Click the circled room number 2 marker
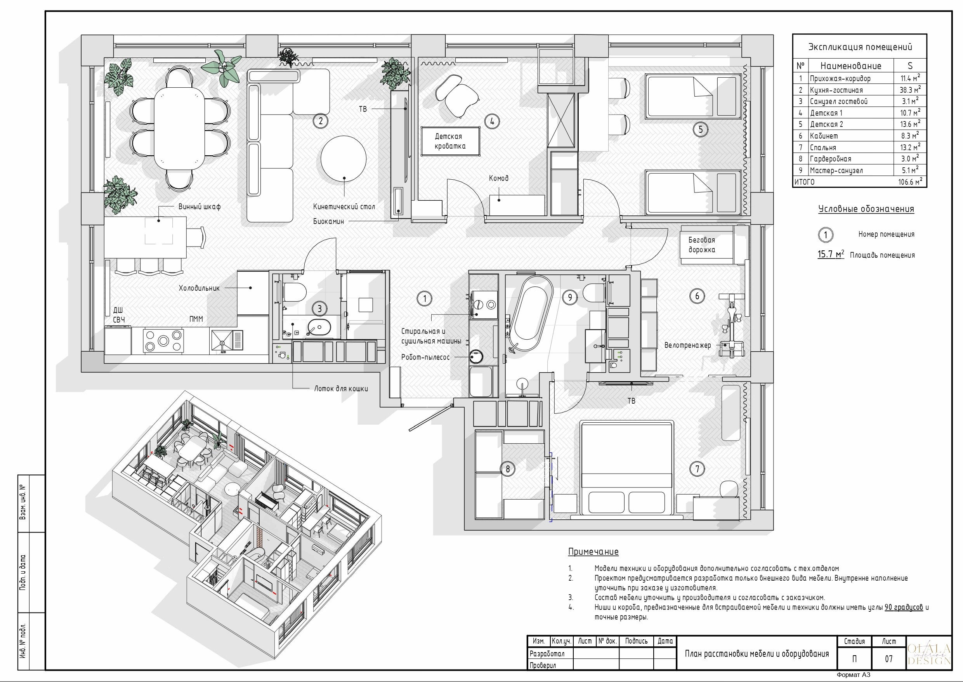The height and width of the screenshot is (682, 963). [321, 121]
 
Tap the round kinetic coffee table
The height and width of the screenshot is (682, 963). [343, 159]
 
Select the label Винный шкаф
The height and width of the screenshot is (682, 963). [200, 207]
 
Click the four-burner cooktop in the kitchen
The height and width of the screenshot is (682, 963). [163, 340]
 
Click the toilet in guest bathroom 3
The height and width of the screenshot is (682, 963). [294, 292]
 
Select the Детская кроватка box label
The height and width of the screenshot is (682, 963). [450, 141]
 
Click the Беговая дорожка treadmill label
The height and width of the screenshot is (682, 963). [701, 245]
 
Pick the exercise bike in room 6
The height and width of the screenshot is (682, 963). [732, 328]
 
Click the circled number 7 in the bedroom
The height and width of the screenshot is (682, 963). [697, 469]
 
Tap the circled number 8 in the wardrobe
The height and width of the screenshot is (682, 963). [507, 469]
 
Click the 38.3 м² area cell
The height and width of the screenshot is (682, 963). [910, 90]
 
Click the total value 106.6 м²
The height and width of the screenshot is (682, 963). [910, 182]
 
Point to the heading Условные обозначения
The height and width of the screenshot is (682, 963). [866, 209]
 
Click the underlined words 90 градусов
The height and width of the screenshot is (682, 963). [904, 607]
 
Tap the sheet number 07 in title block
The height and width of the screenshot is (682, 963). [888, 659]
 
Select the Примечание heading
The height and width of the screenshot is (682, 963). [593, 552]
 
